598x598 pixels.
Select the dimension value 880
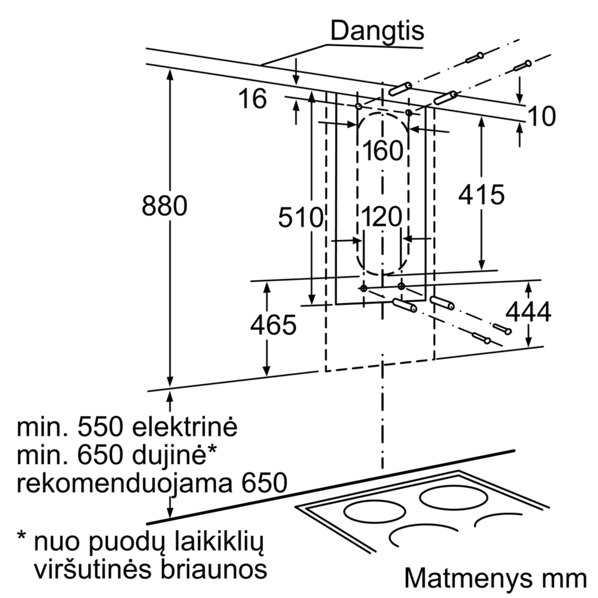[165, 206]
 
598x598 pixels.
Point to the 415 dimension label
[481, 195]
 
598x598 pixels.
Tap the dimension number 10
[542, 116]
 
